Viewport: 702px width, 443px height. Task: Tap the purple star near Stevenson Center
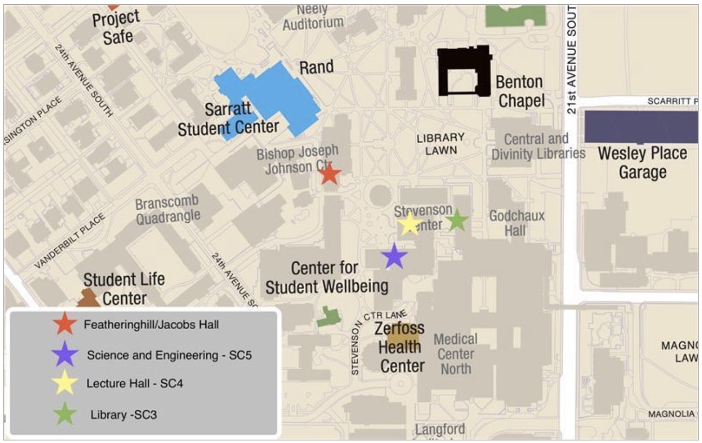pos(394,256)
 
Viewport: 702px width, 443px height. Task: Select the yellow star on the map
pos(409,224)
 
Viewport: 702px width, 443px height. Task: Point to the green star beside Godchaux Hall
pos(457,220)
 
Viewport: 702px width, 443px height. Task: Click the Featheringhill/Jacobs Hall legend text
pos(151,325)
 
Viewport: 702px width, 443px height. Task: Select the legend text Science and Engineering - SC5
pos(169,355)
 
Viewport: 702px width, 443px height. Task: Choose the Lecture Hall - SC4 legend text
pos(135,384)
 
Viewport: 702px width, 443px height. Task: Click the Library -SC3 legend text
pos(123,415)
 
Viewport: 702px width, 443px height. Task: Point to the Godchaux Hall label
pos(516,223)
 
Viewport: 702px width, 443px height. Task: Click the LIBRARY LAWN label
pos(441,144)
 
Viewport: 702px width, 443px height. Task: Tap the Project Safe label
pos(116,28)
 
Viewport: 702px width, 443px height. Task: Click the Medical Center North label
pos(456,354)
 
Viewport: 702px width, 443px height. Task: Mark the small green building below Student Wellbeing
pos(328,317)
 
